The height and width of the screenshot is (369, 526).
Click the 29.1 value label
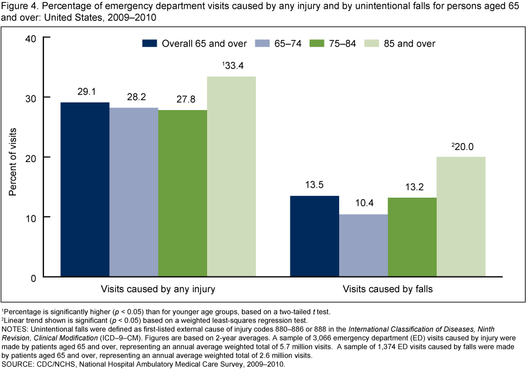point(85,93)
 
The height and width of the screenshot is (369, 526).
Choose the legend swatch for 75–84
point(317,43)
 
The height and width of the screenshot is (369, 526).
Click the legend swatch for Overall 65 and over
point(150,43)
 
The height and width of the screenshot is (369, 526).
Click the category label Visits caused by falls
point(387,289)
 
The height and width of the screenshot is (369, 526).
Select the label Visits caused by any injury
point(158,289)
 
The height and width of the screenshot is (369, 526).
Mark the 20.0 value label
point(462,146)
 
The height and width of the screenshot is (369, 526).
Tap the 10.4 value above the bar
point(363,204)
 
